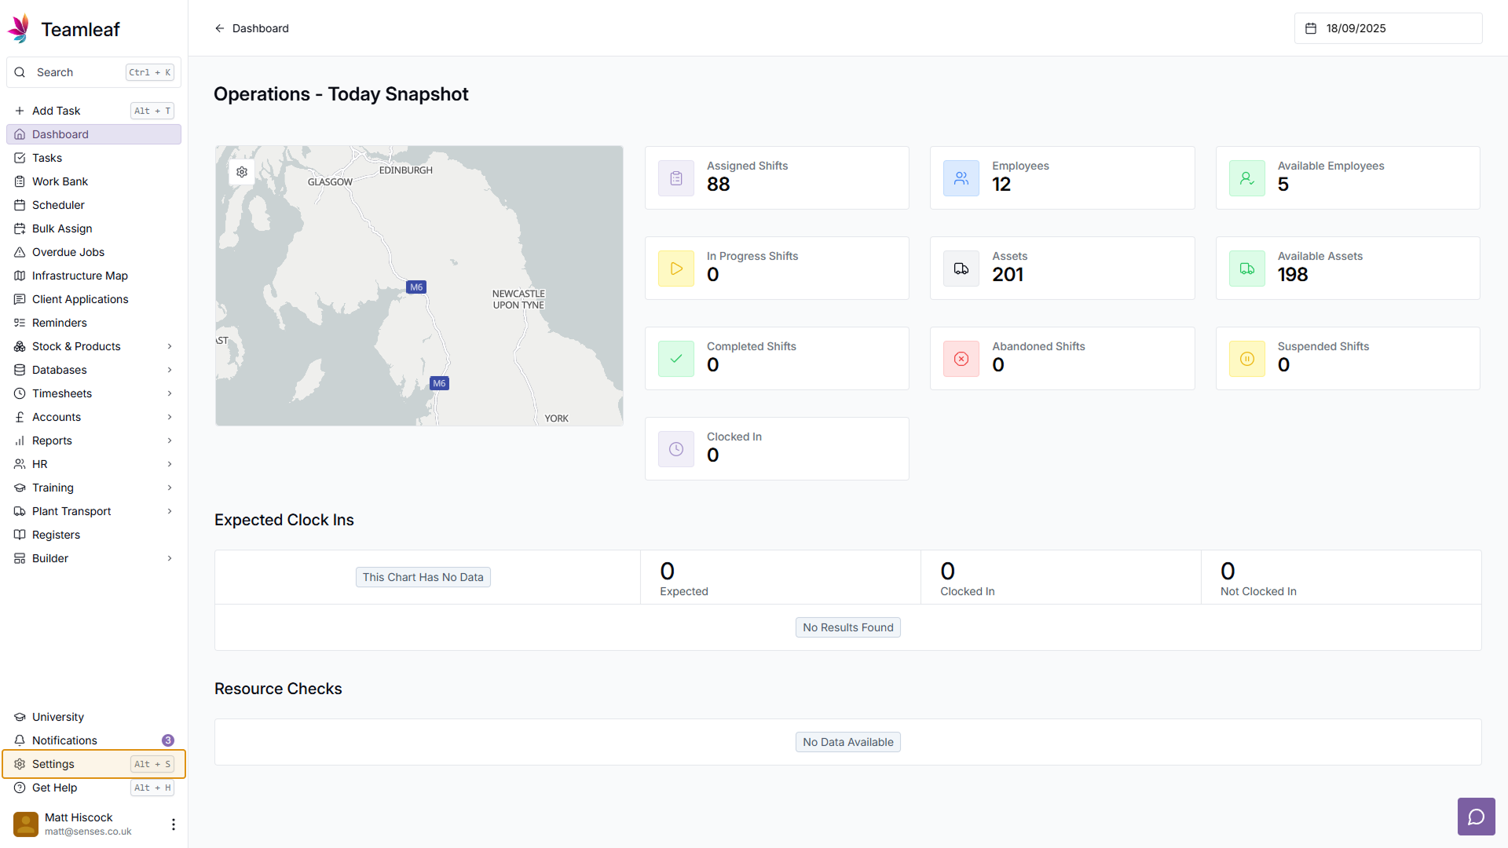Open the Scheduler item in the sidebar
[58, 205]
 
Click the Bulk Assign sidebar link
[62, 228]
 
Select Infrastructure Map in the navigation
[79, 276]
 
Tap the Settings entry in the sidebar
[53, 764]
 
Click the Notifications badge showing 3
[168, 740]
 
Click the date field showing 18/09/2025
[1387, 28]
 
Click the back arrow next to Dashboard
[220, 28]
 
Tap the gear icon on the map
[242, 172]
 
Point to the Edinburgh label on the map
[405, 170]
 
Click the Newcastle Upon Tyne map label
[518, 299]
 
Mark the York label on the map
[556, 419]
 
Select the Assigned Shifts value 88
[718, 185]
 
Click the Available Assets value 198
[1292, 275]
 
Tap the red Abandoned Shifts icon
[961, 359]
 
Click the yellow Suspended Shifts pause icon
[1246, 359]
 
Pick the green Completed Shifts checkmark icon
[676, 359]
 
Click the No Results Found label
[847, 627]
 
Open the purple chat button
[1476, 817]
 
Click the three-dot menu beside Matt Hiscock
[174, 824]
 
